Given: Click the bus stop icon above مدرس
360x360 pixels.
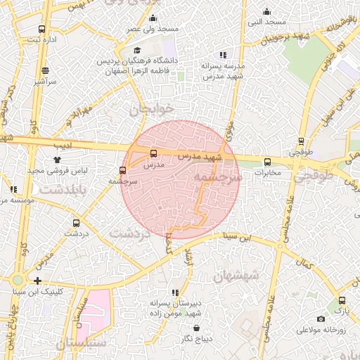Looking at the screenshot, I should [x=154, y=153].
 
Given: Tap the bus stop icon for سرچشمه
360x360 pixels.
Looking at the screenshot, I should [x=123, y=169].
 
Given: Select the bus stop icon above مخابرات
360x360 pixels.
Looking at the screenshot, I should [x=267, y=162].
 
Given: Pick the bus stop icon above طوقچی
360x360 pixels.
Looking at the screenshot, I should [x=302, y=141].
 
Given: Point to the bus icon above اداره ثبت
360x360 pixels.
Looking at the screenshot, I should [x=41, y=30].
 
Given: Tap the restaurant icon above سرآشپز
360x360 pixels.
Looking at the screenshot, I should [x=46, y=70].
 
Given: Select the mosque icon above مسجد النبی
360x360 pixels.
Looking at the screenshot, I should [x=266, y=11].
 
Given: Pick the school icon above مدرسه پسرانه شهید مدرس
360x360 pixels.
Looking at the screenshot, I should [x=223, y=54].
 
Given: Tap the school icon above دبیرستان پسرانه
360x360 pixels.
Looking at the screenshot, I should [x=174, y=292].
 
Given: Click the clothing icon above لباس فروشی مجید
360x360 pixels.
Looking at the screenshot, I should [x=57, y=160].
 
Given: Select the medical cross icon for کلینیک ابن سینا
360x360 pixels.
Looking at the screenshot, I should [x=37, y=281].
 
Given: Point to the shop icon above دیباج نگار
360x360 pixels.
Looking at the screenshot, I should [x=195, y=328].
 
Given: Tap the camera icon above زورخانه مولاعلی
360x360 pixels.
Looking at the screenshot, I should [x=321, y=319].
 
